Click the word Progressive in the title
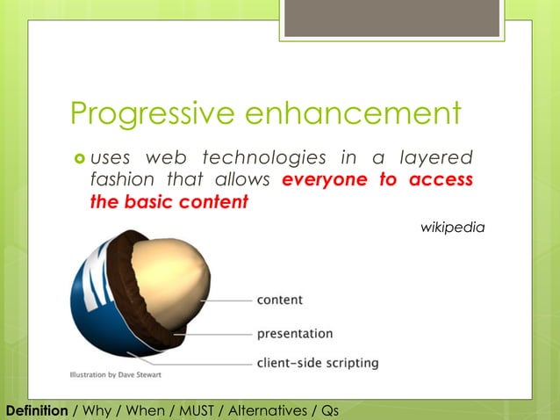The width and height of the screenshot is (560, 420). (154, 113)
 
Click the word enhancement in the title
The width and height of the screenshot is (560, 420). (354, 113)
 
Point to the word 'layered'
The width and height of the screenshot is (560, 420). (436, 157)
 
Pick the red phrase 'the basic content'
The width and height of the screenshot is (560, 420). (169, 202)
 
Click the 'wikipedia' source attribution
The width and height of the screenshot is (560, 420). (452, 228)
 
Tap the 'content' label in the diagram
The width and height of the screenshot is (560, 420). (279, 300)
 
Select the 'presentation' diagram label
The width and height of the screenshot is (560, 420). (294, 333)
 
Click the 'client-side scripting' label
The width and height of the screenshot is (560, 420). (317, 361)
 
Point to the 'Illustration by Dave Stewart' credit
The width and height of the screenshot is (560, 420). (116, 374)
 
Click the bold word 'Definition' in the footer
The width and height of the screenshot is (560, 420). (37, 410)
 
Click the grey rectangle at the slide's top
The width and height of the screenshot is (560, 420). (392, 18)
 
